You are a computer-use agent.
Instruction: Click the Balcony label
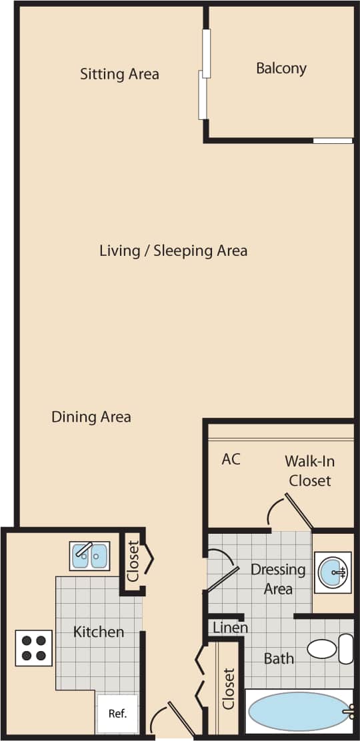pyautogui.click(x=281, y=68)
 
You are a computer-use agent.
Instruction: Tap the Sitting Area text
pyautogui.click(x=119, y=73)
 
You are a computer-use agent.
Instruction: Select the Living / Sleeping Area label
pyautogui.click(x=173, y=251)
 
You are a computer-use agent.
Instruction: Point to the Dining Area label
pyautogui.click(x=91, y=417)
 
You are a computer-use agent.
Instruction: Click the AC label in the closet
pyautogui.click(x=231, y=459)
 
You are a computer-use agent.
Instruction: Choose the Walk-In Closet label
pyautogui.click(x=309, y=470)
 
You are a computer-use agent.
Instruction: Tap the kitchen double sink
pyautogui.click(x=89, y=556)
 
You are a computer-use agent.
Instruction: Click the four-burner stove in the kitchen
pyautogui.click(x=33, y=648)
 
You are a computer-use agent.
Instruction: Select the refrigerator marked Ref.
pyautogui.click(x=117, y=713)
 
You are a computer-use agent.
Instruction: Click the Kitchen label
pyautogui.click(x=99, y=632)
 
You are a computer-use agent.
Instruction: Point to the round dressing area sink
pyautogui.click(x=332, y=571)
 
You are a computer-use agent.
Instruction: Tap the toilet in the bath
pyautogui.click(x=330, y=648)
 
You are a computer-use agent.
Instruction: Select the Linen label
pyautogui.click(x=231, y=628)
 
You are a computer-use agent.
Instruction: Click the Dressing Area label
pyautogui.click(x=278, y=579)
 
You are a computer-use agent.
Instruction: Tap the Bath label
pyautogui.click(x=279, y=658)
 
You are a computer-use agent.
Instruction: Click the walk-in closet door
pyautogui.click(x=299, y=511)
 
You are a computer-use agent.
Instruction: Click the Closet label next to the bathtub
pyautogui.click(x=229, y=688)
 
